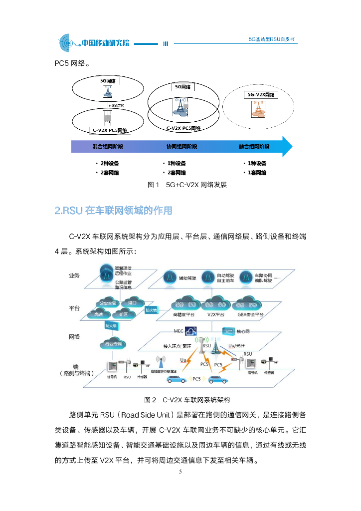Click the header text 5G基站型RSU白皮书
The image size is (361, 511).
tap(274, 39)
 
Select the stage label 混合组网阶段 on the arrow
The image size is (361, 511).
tap(108, 147)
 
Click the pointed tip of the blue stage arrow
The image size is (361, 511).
tap(292, 147)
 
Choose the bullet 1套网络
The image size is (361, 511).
tap(257, 173)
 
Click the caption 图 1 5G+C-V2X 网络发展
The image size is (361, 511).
tap(187, 185)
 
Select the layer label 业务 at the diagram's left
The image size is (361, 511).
tap(74, 275)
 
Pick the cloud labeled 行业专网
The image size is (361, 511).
tap(113, 344)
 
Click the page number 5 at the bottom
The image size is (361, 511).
tap(180, 471)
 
